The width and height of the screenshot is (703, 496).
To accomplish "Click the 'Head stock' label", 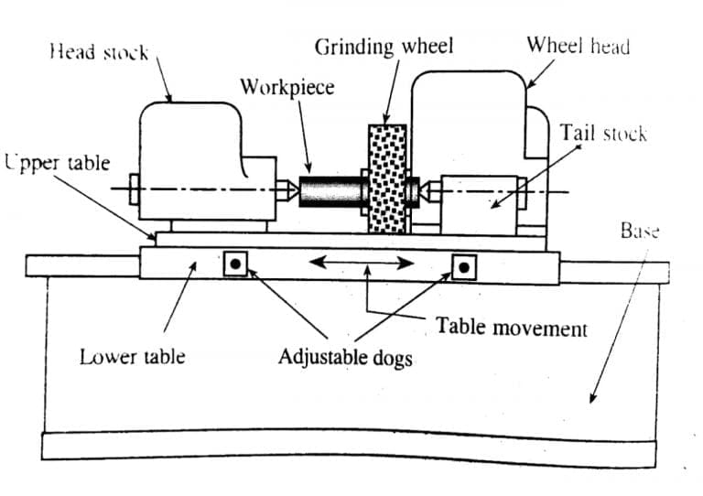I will [100, 52].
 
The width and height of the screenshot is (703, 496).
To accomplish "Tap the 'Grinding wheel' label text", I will [384, 47].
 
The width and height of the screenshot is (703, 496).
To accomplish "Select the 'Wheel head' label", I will [578, 46].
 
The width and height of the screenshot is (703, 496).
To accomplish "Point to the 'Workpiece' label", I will [287, 88].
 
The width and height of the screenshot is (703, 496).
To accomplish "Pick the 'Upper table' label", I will [57, 164].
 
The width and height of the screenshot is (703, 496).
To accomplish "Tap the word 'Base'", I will [640, 231].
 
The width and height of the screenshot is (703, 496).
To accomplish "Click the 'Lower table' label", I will [132, 356].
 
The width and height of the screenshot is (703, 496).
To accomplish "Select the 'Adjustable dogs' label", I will [345, 357].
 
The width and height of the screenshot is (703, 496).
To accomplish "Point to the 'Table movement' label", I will [512, 327].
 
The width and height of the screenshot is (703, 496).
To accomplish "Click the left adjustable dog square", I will [236, 264].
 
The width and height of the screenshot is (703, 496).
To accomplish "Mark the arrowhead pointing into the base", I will [592, 399].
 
